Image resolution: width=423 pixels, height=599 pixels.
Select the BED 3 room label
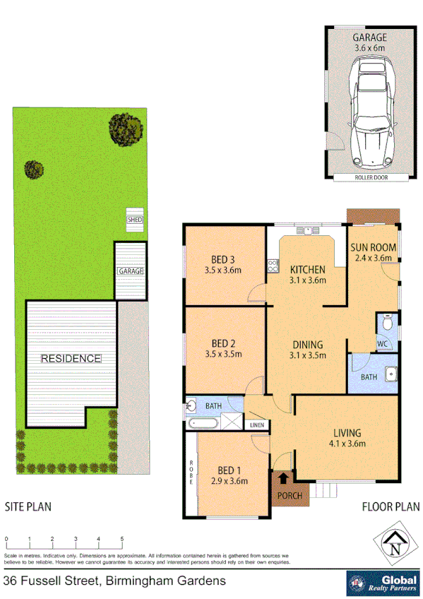222,263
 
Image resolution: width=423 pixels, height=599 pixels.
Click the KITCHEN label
307,269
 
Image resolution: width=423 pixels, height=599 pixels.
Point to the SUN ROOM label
373,248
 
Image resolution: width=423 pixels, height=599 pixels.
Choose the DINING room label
307,345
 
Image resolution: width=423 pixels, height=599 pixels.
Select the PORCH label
290,495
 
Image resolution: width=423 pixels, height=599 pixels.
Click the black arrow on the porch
284,478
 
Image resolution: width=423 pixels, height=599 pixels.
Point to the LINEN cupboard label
255,425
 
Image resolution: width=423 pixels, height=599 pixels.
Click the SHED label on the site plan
134,220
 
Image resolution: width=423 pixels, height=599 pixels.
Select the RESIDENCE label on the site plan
71,358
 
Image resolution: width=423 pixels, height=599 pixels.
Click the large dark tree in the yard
127,127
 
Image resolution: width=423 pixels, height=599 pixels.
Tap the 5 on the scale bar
122,539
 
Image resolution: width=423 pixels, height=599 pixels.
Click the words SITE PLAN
28,506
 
